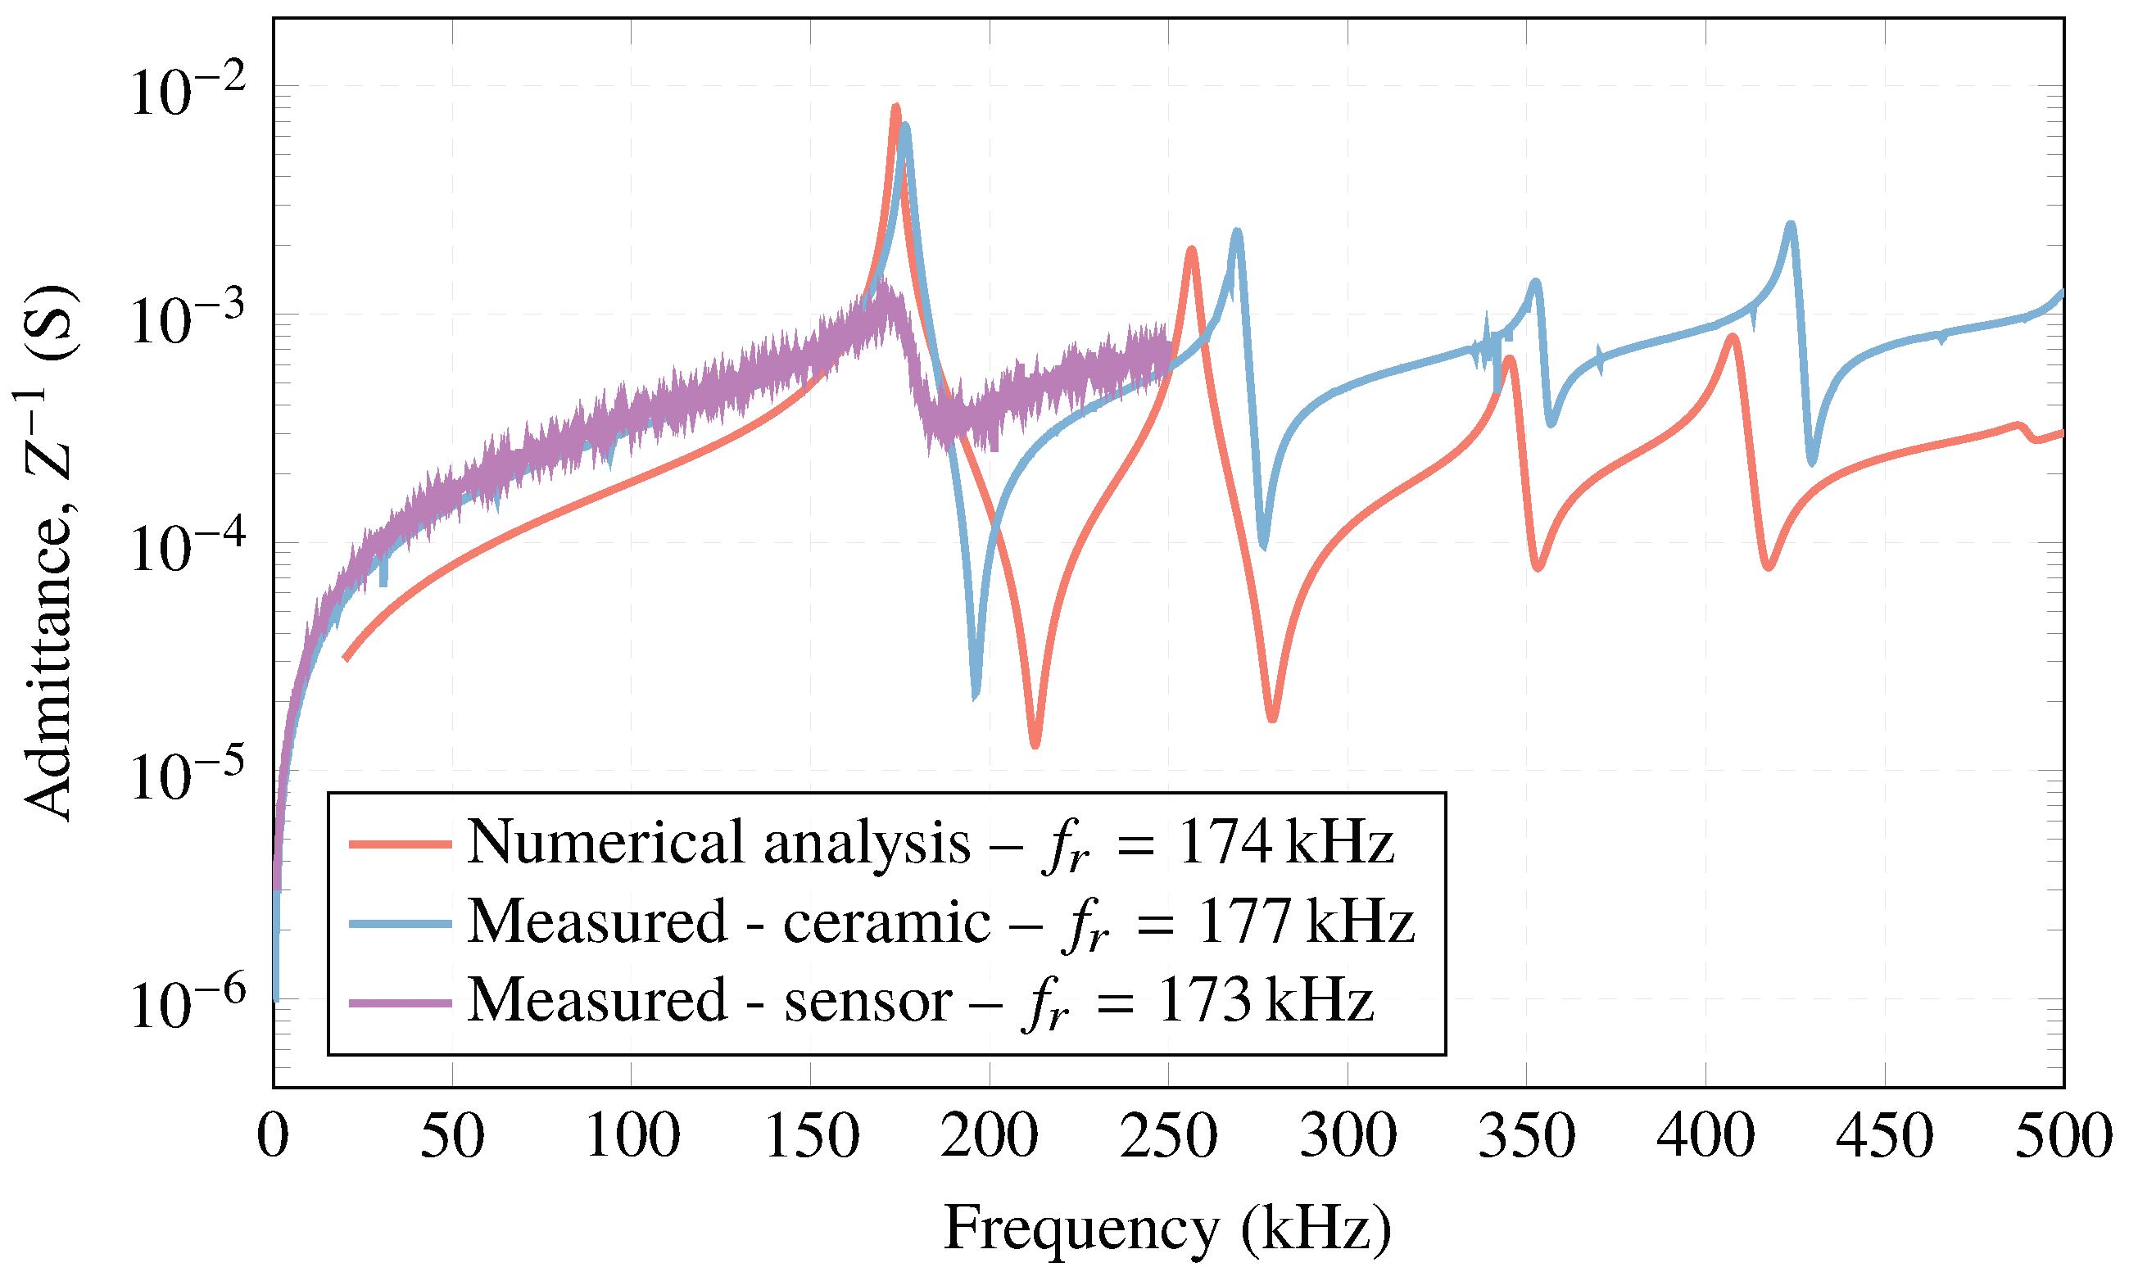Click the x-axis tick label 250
pyautogui.click(x=1168, y=1138)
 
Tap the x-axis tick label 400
pyautogui.click(x=1705, y=1138)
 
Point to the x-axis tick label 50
pyautogui.click(x=451, y=1138)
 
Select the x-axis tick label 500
pyautogui.click(x=2062, y=1138)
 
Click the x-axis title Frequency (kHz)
pyautogui.click(x=1167, y=1229)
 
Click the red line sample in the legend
pyautogui.click(x=401, y=844)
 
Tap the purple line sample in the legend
pyautogui.click(x=401, y=1003)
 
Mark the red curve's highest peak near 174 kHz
pyautogui.click(x=895, y=108)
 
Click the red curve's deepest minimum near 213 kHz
pyautogui.click(x=1035, y=744)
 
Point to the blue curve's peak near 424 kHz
pyautogui.click(x=1791, y=225)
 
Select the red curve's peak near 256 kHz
pyautogui.click(x=1190, y=251)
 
